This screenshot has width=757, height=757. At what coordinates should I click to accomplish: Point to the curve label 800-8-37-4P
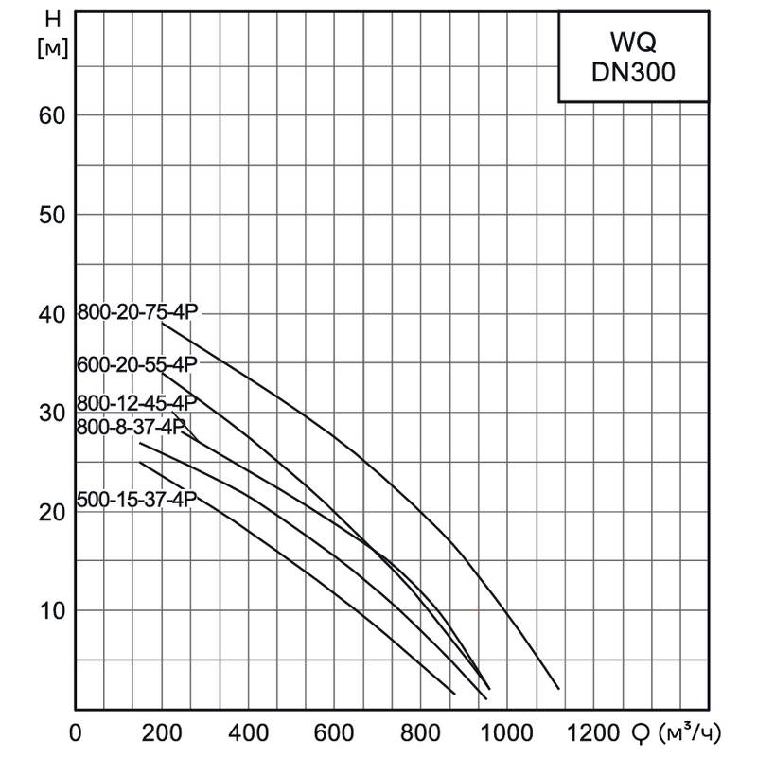click(131, 427)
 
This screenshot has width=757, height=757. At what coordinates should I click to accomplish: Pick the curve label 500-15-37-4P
click(135, 501)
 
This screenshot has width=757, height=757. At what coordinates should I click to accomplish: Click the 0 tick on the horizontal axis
click(77, 732)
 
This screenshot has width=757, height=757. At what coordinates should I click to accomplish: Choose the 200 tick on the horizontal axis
click(162, 732)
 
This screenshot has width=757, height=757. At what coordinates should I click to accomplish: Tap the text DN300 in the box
click(633, 73)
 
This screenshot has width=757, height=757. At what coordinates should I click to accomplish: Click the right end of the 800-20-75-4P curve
click(559, 688)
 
